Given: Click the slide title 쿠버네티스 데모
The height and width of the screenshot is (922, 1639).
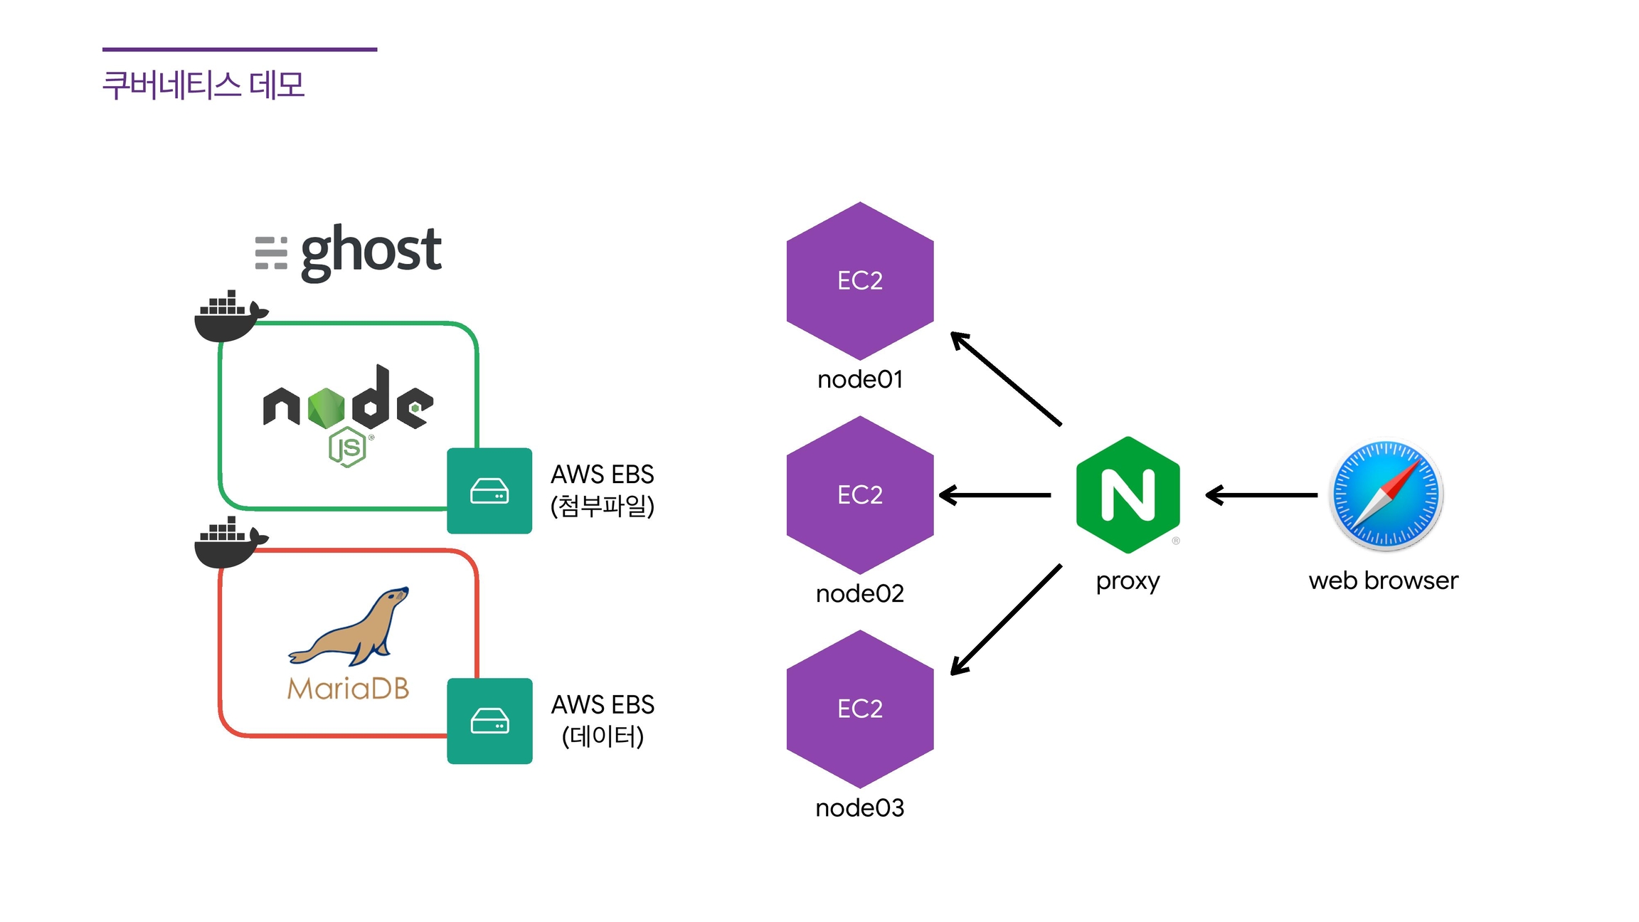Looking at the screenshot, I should [x=203, y=85].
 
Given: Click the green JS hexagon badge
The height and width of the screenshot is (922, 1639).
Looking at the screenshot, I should [x=348, y=447].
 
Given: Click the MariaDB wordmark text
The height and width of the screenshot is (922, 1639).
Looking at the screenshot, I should [x=348, y=689].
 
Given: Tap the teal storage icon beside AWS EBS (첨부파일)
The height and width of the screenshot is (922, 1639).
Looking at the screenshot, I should [x=489, y=491].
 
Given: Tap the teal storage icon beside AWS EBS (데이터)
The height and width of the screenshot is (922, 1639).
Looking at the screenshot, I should [x=489, y=721].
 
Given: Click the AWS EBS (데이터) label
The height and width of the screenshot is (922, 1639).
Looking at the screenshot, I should [x=603, y=720].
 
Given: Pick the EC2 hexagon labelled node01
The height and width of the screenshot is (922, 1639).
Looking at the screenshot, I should [x=859, y=281].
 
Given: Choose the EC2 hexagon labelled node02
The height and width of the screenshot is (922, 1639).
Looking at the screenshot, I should [x=859, y=495].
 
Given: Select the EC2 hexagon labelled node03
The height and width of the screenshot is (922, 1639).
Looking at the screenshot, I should [x=859, y=709].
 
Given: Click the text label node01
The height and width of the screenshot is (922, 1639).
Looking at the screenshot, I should [x=859, y=379].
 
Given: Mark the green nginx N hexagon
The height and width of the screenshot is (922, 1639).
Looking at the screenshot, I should [x=1128, y=495].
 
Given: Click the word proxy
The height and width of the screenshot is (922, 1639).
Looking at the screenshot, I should [x=1128, y=581].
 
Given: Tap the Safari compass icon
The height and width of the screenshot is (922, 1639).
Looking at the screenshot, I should [x=1386, y=495].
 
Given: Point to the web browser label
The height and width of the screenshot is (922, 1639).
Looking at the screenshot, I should [x=1383, y=581].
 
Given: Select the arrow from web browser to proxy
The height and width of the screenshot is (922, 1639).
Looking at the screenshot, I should [x=1261, y=495].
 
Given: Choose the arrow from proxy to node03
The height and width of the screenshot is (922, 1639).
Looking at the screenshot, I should [x=1006, y=620].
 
